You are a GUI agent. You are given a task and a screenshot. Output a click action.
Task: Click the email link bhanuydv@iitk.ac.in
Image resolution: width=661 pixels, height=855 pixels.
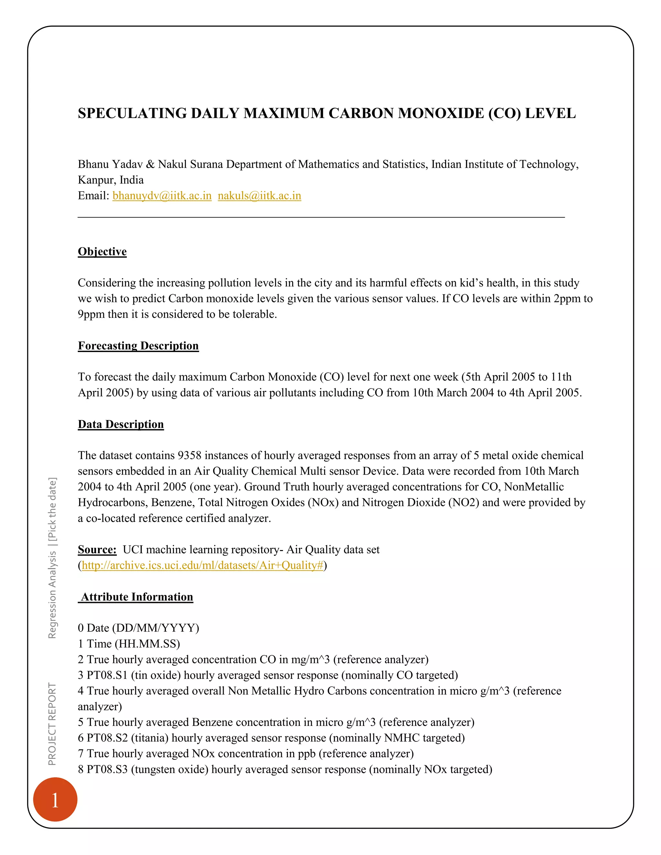[162, 196]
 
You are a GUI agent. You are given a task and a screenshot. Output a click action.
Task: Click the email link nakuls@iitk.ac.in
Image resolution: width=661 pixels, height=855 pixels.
[259, 196]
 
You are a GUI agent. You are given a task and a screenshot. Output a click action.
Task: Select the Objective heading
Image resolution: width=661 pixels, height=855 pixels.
[102, 251]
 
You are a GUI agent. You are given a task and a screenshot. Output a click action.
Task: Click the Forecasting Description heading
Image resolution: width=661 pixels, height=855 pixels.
[138, 346]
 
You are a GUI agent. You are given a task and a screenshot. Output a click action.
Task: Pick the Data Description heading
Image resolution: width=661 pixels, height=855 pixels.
[121, 424]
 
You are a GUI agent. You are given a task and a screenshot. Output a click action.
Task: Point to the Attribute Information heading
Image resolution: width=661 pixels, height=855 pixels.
[136, 597]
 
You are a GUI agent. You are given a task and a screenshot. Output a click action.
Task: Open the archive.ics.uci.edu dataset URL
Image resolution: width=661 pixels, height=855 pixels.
[202, 565]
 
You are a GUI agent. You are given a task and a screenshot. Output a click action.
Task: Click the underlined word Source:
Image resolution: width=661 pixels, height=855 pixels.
[97, 550]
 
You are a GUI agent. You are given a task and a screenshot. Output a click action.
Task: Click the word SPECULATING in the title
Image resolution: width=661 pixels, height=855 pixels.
[132, 114]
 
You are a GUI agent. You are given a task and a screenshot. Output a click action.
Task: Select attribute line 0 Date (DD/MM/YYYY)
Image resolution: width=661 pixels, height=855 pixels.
[138, 628]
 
